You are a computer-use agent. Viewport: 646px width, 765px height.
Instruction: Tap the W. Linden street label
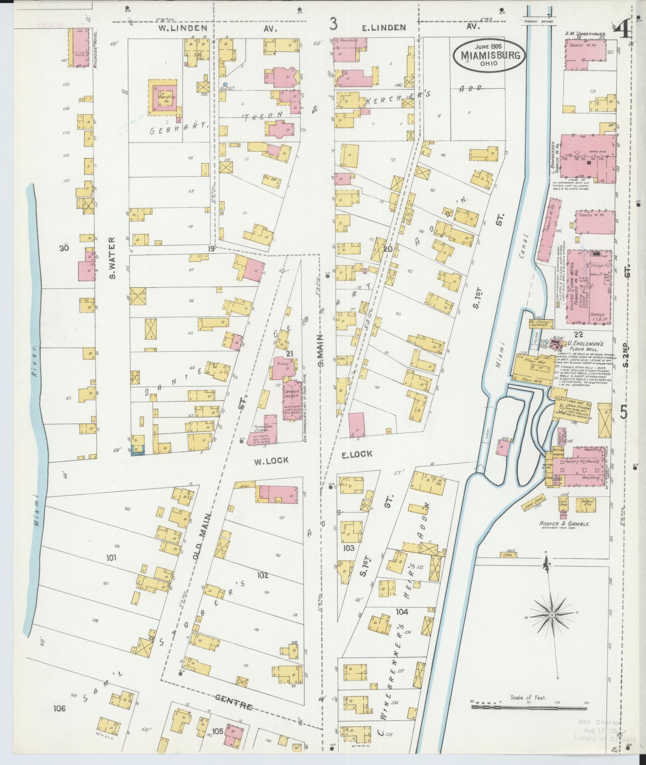183,28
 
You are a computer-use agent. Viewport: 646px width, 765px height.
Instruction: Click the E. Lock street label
357,454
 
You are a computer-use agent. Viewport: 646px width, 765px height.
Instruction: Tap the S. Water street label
112,258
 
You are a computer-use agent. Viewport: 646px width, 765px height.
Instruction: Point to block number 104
402,613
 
